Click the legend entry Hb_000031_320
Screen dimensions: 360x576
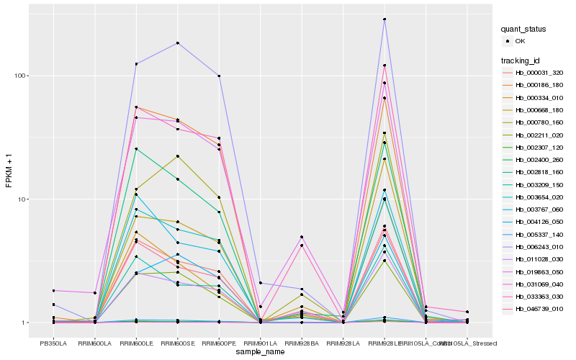534,73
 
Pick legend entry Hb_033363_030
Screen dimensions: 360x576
534,296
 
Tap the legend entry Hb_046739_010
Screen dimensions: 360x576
534,308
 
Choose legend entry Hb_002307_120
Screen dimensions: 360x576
534,147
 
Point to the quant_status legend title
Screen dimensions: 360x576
524,30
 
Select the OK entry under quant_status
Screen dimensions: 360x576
520,41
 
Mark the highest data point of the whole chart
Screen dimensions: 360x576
384,19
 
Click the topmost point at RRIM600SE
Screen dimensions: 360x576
177,43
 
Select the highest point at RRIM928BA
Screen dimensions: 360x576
302,237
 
